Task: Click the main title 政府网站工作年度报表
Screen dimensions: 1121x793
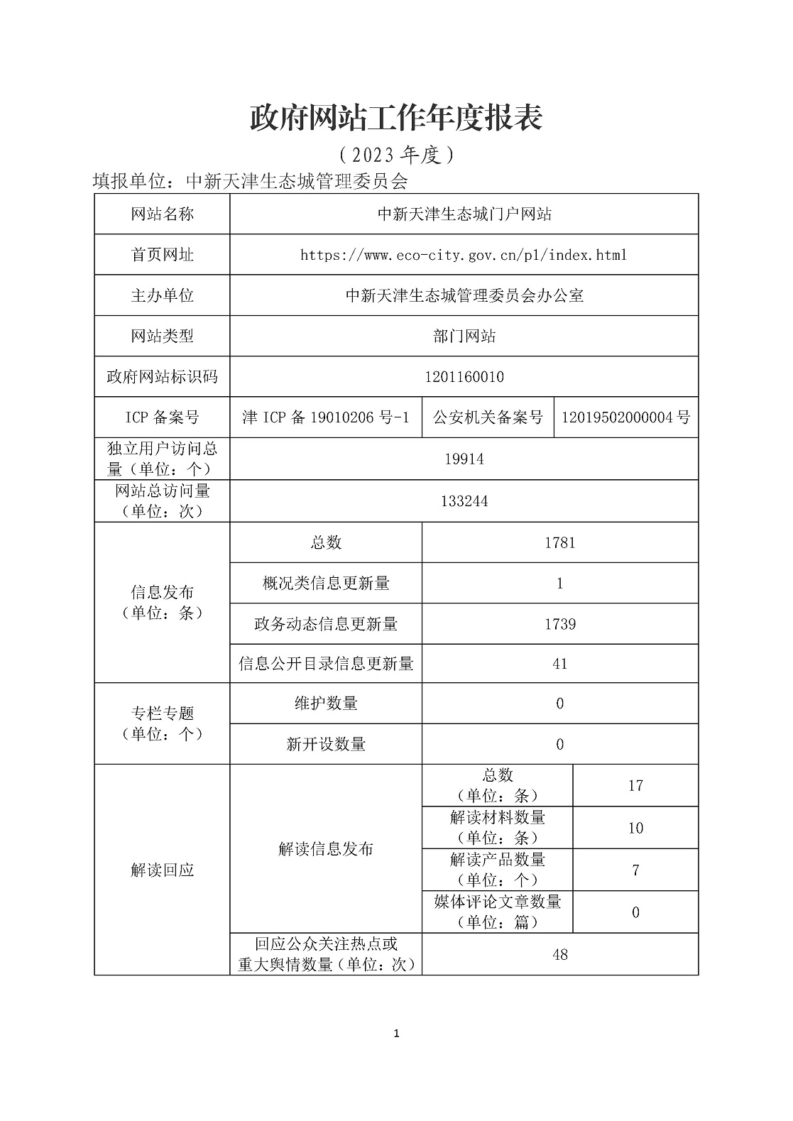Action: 396,118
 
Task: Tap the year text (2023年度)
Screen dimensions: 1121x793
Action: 396,154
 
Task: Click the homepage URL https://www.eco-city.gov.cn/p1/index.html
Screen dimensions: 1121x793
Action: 464,255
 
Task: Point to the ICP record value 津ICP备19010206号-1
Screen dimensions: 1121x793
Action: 326,417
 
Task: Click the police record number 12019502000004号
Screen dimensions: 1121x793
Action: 625,417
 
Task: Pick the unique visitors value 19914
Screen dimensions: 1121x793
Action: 464,459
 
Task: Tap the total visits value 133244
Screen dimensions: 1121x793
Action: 464,501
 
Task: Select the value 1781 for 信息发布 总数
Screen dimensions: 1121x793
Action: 559,543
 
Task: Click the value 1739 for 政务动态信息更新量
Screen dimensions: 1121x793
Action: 559,625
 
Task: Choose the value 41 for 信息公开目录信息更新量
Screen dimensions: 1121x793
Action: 559,665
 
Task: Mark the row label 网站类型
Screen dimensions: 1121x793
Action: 162,337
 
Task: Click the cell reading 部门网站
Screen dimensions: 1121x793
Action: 464,337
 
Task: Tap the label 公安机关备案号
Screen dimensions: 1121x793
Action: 488,417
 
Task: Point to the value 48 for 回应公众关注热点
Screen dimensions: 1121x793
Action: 559,955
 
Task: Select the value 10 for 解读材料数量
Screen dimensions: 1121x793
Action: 635,829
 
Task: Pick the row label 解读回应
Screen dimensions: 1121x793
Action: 162,870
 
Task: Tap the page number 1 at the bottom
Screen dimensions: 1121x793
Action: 396,1034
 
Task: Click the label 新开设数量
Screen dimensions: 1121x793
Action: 326,745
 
